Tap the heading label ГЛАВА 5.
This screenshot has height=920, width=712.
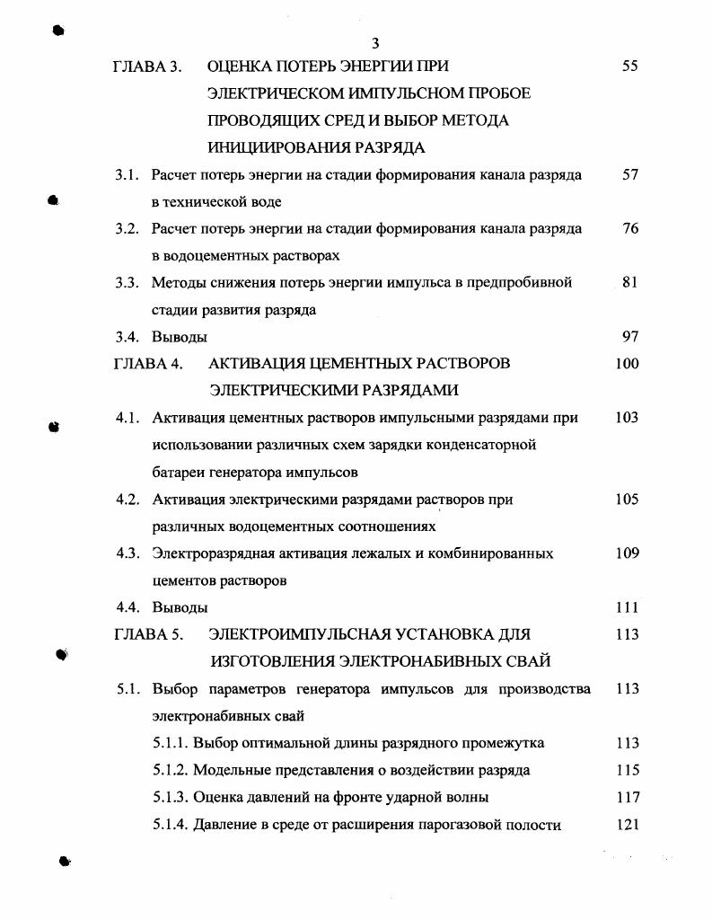click(148, 634)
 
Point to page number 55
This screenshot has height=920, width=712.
click(629, 66)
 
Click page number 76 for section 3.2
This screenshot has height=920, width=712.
click(630, 228)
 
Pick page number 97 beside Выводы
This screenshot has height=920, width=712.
click(629, 337)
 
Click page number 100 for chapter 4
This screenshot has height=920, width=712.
click(628, 364)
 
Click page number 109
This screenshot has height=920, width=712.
click(628, 553)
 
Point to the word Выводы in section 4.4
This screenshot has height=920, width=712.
click(180, 607)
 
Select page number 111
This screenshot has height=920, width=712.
click(628, 607)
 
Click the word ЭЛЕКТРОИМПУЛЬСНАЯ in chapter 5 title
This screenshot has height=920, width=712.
click(295, 634)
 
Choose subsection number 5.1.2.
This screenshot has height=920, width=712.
click(171, 770)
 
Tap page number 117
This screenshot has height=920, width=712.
click(628, 797)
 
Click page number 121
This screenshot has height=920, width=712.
click(628, 825)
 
